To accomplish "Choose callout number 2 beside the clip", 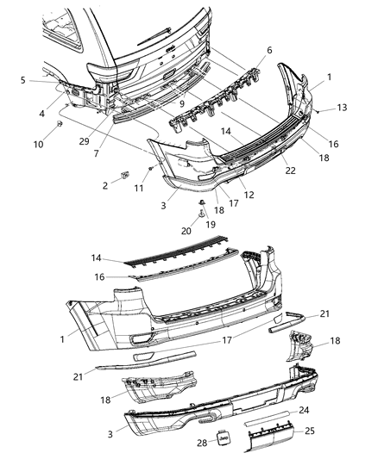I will pos(106,184).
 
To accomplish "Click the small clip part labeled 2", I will pos(126,176).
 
